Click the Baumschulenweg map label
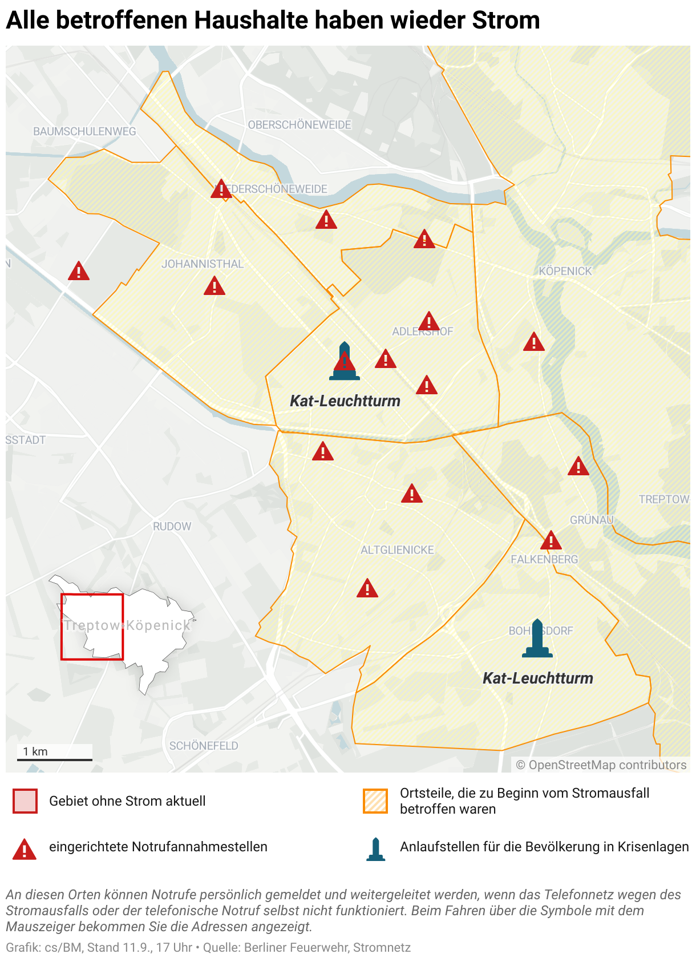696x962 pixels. [84, 131]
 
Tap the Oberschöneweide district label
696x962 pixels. [300, 125]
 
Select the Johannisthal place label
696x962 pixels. [203, 264]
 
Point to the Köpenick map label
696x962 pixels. [565, 271]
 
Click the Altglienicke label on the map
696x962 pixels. [397, 550]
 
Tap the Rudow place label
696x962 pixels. [172, 527]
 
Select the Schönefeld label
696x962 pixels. [204, 746]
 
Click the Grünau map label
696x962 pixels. [592, 520]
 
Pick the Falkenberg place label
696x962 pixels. [544, 560]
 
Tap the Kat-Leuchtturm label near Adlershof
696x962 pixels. [345, 401]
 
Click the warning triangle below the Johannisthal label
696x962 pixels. [215, 286]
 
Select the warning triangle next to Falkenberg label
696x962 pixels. [551, 540]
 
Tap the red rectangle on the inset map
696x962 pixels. [92, 626]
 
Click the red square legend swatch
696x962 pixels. [25, 801]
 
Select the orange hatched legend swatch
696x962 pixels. [375, 801]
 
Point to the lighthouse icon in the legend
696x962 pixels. [375, 849]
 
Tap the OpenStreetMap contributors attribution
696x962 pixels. [601, 765]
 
